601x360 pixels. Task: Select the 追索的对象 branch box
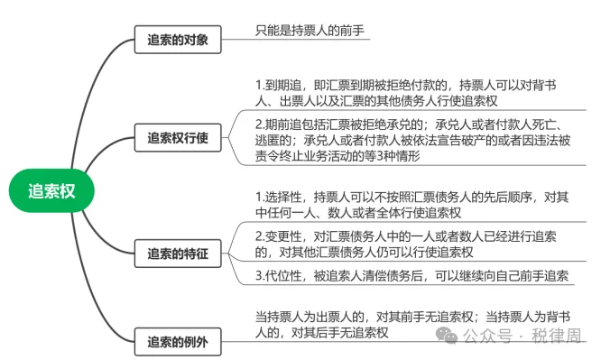[178, 40]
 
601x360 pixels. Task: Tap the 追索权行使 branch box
[178, 138]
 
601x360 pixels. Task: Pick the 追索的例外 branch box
[178, 343]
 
